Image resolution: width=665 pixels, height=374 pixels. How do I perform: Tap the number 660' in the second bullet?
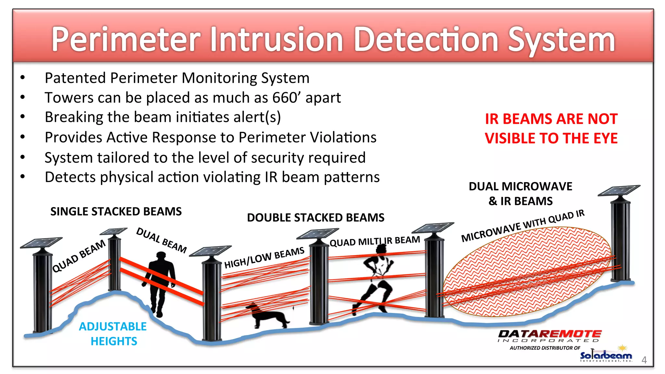287,97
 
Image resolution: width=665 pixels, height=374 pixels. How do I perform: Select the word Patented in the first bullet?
75,78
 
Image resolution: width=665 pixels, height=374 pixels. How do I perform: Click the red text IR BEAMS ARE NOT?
551,119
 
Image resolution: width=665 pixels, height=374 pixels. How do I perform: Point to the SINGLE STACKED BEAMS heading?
116,211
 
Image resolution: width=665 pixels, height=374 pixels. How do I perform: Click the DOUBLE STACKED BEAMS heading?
316,218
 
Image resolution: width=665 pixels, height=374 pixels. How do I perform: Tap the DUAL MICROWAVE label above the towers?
521,186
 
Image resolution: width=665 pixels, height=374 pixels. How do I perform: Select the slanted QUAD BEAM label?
79,256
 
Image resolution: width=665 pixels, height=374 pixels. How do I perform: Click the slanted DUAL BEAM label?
161,240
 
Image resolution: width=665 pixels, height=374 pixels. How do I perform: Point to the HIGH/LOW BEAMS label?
264,257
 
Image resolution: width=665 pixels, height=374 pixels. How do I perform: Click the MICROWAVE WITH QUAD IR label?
523,226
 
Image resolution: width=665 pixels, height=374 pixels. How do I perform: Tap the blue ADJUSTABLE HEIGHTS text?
113,333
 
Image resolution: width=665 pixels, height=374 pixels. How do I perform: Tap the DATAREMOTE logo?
549,334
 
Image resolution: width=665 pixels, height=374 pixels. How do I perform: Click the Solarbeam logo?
606,356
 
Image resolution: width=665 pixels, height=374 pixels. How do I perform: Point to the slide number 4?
644,360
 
